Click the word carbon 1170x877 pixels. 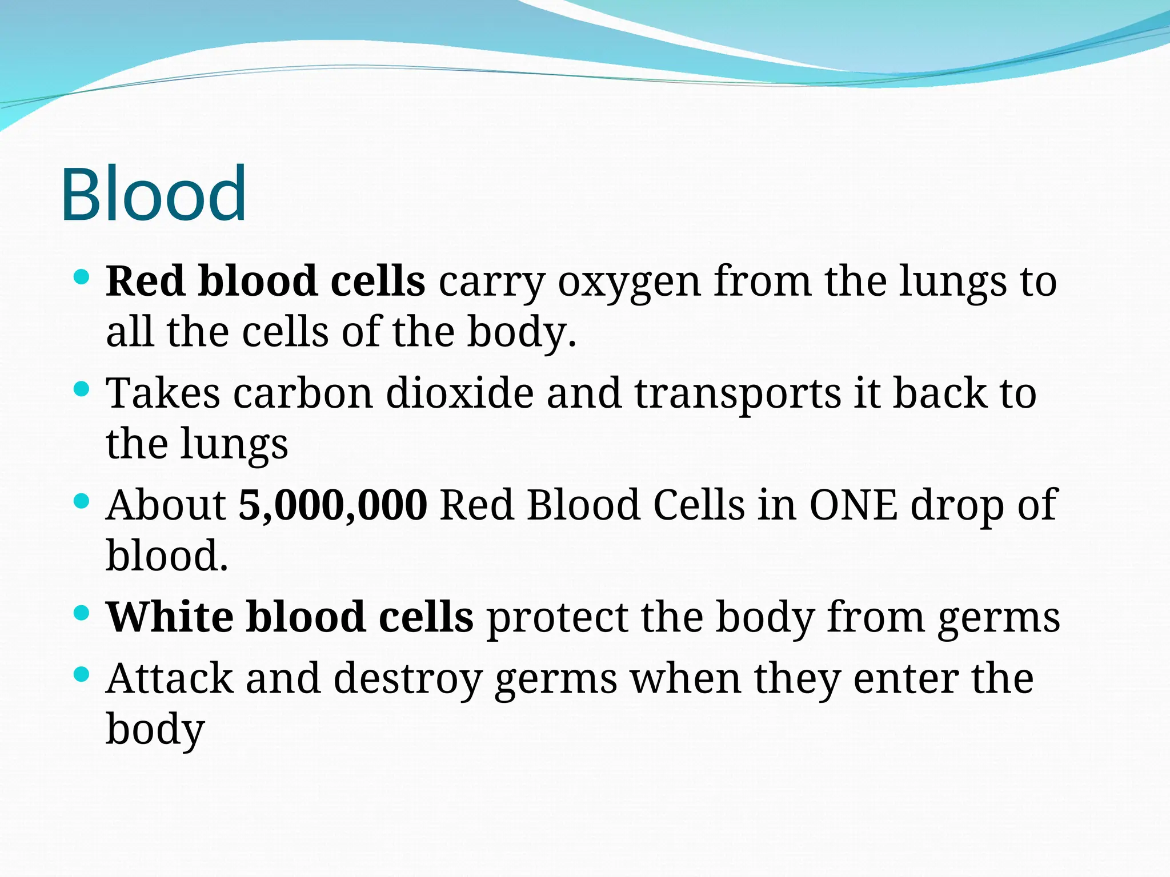click(303, 393)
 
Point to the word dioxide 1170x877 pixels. click(460, 393)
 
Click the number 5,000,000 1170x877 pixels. click(332, 505)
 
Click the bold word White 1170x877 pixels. click(170, 617)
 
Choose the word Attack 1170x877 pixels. click(170, 679)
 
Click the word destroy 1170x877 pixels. click(408, 680)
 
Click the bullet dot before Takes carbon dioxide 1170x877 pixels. click(82, 390)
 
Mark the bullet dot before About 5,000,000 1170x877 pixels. click(82, 502)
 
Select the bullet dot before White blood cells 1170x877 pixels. click(82, 614)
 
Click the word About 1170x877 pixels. click(166, 505)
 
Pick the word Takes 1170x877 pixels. click(163, 393)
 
